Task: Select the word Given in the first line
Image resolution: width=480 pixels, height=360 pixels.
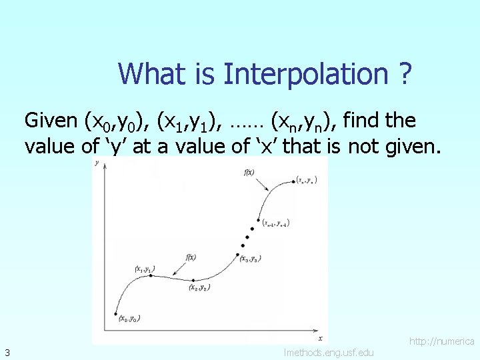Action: tap(51, 121)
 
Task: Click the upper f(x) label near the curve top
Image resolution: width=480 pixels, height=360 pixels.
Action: tap(249, 173)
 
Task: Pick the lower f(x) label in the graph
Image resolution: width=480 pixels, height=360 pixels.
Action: tap(191, 257)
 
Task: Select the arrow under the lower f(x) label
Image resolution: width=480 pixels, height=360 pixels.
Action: tap(175, 269)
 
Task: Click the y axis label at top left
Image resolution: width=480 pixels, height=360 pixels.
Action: tap(98, 162)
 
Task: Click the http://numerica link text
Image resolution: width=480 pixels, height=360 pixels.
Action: tap(441, 341)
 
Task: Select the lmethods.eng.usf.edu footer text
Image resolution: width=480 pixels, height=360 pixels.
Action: tap(329, 352)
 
